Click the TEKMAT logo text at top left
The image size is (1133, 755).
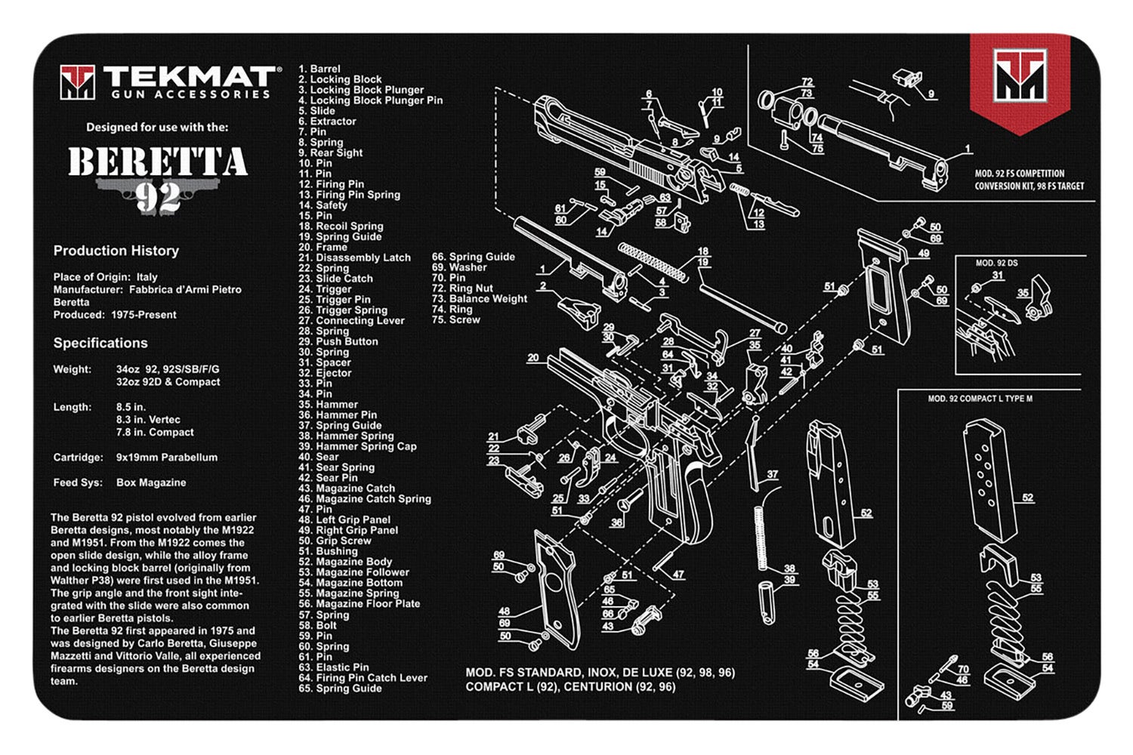[x=189, y=77]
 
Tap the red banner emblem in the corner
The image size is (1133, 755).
[x=1020, y=79]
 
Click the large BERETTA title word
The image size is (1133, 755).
[x=158, y=162]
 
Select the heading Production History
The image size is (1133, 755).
[x=116, y=251]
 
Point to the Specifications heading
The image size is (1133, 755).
[x=100, y=343]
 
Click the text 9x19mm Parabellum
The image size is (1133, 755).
[x=166, y=458]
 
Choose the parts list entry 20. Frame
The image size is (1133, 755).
[x=323, y=247]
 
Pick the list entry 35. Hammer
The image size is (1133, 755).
[x=328, y=405]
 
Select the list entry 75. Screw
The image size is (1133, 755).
[x=455, y=320]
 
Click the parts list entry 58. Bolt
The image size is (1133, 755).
[x=317, y=625]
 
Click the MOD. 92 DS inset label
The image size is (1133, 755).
[x=996, y=263]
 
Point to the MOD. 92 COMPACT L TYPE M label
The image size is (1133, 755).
[x=980, y=399]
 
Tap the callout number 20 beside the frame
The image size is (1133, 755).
[x=533, y=358]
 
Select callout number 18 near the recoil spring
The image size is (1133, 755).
[x=702, y=251]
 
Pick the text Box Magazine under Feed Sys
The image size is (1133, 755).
[x=150, y=482]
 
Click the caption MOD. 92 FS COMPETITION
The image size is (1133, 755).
[x=1019, y=174]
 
